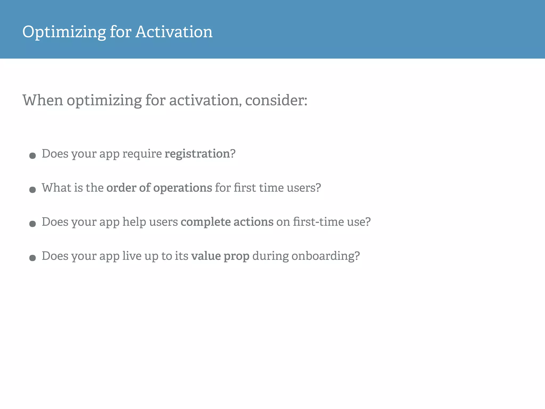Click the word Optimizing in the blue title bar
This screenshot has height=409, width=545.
[x=64, y=32]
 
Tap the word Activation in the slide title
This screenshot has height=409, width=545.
[x=174, y=32]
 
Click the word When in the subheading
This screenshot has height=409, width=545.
[x=43, y=100]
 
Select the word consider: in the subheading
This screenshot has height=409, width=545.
[x=276, y=100]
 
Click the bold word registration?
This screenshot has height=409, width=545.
[x=200, y=154]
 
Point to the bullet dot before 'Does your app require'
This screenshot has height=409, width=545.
[x=32, y=156]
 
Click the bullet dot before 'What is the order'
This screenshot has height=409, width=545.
[x=32, y=190]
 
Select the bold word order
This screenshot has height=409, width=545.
[x=121, y=188]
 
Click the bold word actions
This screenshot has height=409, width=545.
[x=253, y=222]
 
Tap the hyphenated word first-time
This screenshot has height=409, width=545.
[x=318, y=222]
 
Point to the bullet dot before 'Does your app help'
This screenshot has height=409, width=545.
[x=32, y=224]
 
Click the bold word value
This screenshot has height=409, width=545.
[x=206, y=256]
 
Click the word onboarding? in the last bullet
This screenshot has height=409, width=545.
[x=325, y=256]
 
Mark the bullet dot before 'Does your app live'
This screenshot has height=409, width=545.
[x=32, y=258]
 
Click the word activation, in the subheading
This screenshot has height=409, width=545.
[x=205, y=100]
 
